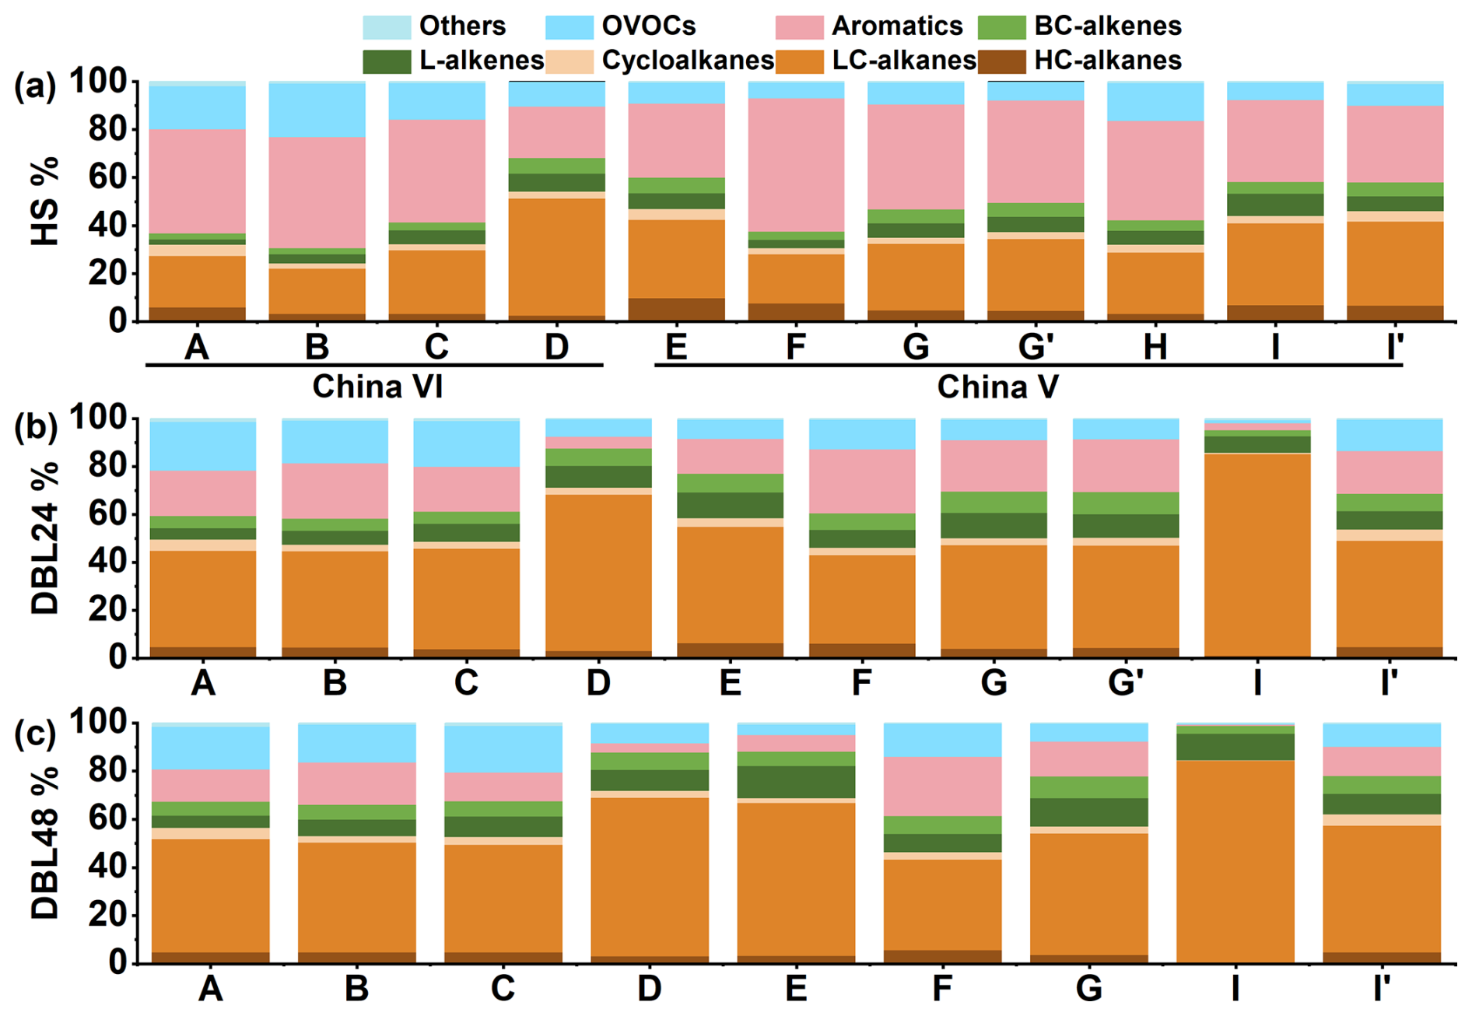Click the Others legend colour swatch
pos(386,26)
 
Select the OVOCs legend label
pos(648,26)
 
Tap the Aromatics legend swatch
pos(799,26)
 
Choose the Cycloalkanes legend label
pos(688,61)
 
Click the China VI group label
pos(377,387)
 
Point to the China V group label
pos(997,387)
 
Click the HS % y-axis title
pos(45,201)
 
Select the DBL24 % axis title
pos(45,538)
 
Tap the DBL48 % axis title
pos(45,843)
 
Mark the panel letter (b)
pos(36,427)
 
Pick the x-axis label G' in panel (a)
pos(1036,347)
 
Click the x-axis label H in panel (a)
pos(1155,347)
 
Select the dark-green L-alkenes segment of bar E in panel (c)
pos(795,782)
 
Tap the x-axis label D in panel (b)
pos(598,683)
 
